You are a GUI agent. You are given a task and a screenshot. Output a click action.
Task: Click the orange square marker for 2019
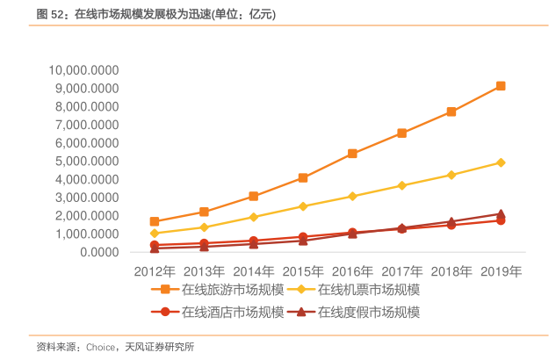point(501,86)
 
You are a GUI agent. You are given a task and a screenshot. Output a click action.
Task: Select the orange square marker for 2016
point(352,154)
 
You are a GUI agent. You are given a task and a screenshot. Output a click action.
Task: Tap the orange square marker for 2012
point(155,222)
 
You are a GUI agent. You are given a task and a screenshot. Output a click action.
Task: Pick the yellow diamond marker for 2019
point(501,162)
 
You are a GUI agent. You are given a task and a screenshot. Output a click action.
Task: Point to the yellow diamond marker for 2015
point(303,206)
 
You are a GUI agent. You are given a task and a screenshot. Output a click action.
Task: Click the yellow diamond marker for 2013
point(204,227)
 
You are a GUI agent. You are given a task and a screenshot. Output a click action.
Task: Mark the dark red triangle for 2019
point(501,213)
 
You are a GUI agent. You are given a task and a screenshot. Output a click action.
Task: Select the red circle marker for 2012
point(155,245)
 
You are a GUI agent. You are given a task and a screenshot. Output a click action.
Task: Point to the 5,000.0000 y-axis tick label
point(87,162)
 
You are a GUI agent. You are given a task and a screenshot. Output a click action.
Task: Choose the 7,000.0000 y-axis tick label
point(87,125)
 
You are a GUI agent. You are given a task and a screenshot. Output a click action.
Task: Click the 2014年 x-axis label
point(255,270)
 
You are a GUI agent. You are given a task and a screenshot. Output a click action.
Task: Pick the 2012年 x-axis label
point(155,270)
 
